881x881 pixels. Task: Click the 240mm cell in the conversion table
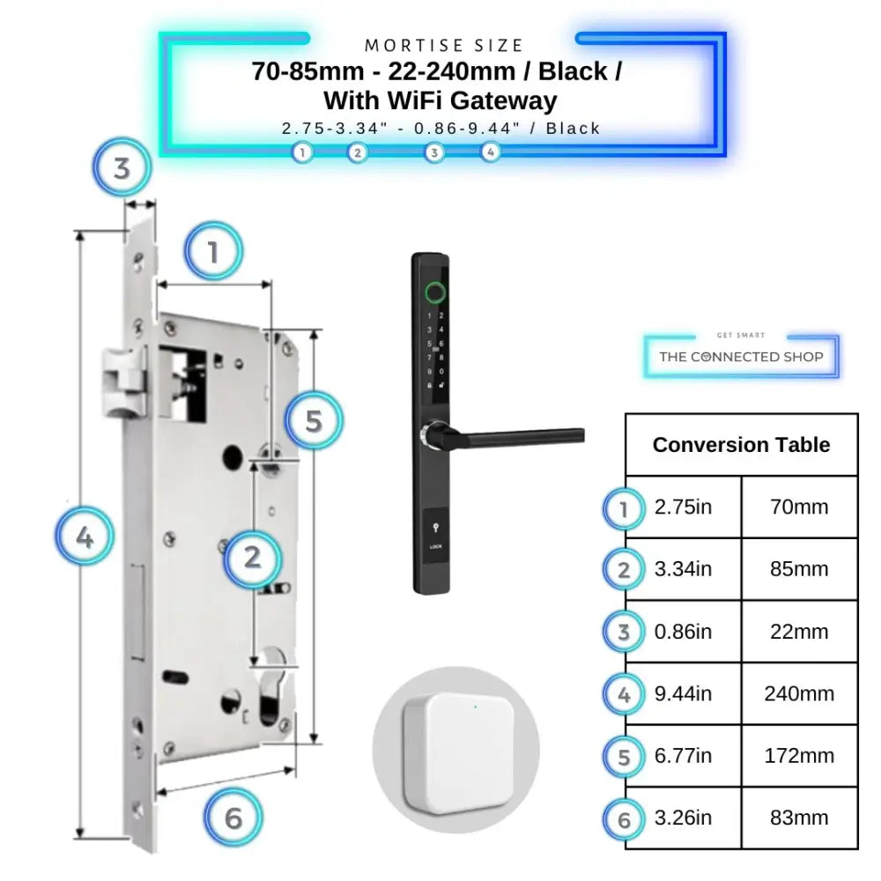[x=799, y=693]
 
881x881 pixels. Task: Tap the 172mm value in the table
[x=799, y=755]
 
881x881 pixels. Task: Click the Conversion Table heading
[x=741, y=444]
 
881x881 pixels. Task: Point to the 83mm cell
[x=799, y=818]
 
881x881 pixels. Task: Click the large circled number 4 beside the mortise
[x=85, y=536]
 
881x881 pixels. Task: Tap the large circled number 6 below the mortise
[x=233, y=818]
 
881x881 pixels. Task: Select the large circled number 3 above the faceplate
[x=122, y=167]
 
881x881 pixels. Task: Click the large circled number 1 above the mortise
[x=212, y=253]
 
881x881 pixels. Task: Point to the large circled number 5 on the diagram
[x=314, y=421]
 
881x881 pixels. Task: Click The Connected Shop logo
[x=741, y=356]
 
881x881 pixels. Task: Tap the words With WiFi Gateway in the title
[x=440, y=100]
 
